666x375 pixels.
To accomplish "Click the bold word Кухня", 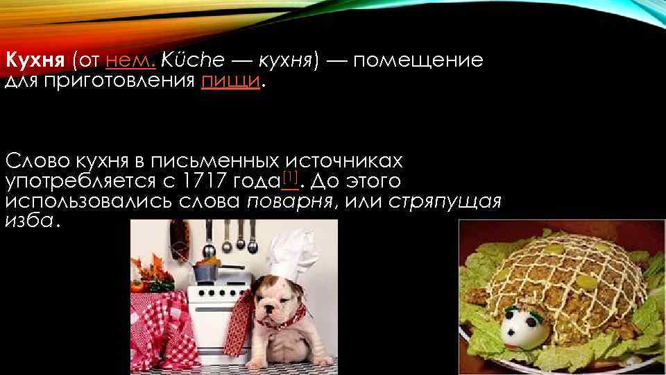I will (34, 60).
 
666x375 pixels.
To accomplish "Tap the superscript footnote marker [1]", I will (291, 178).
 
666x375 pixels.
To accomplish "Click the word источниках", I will (345, 162).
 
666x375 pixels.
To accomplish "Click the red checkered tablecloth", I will (156, 319).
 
